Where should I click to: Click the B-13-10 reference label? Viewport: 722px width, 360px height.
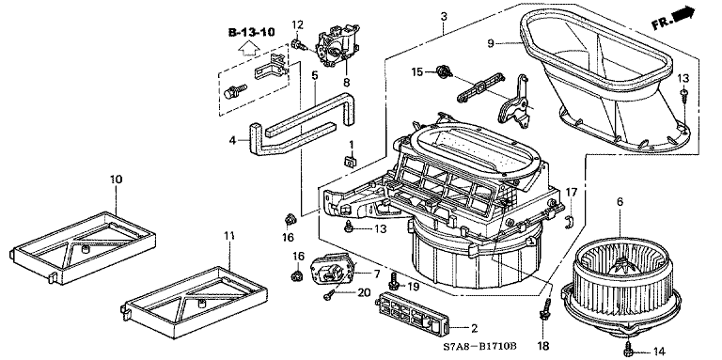(251, 32)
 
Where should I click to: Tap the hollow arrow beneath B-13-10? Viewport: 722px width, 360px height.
(248, 48)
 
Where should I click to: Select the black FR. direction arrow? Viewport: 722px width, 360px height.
(683, 13)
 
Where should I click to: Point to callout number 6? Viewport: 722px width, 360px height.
(620, 201)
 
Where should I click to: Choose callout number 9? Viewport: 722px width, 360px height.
(491, 43)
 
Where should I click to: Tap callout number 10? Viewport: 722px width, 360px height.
(116, 180)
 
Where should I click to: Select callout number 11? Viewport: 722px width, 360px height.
(229, 236)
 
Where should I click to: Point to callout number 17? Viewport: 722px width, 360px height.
(571, 192)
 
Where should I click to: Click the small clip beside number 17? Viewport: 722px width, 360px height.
(568, 222)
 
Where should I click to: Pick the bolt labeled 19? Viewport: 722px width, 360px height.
(394, 281)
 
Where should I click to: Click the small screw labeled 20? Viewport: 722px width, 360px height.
(329, 296)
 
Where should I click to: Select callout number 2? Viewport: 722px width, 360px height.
(474, 329)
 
